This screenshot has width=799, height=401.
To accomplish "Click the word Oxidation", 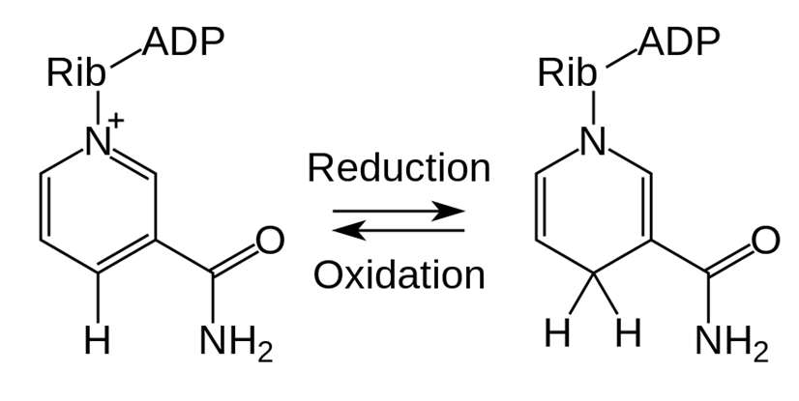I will (x=399, y=274).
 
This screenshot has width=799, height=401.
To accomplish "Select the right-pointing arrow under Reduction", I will (x=399, y=211).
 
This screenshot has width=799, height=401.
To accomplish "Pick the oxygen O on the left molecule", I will (x=270, y=241).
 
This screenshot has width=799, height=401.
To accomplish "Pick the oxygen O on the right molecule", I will (x=766, y=241).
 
